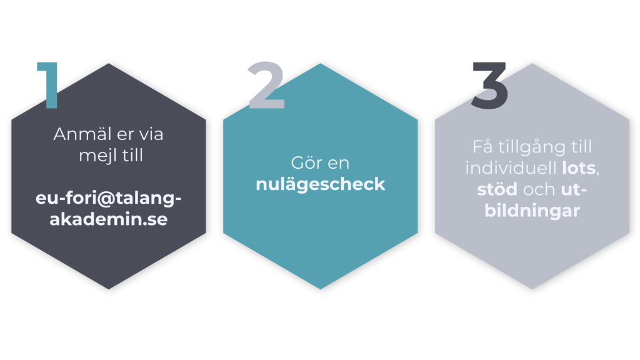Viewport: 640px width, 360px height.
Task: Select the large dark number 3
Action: tap(489, 85)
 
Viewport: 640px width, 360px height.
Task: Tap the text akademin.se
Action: tap(109, 219)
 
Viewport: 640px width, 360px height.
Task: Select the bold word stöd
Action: tap(496, 190)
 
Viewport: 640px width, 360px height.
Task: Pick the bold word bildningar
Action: tap(532, 211)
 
